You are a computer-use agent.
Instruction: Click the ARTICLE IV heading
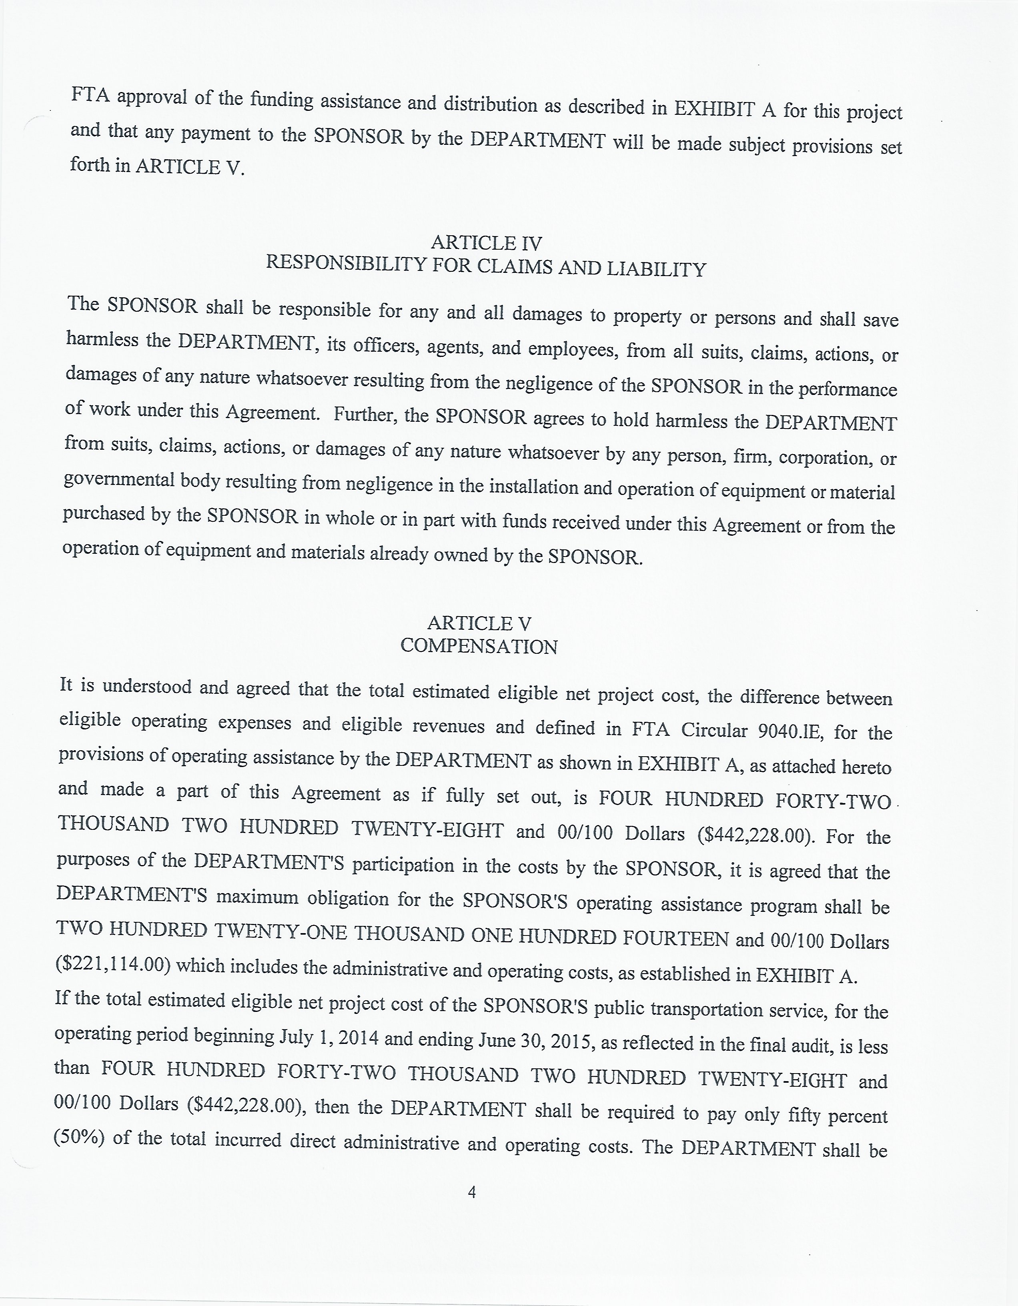click(486, 243)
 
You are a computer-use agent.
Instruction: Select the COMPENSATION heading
click(479, 647)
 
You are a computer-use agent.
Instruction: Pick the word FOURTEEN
click(675, 938)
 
